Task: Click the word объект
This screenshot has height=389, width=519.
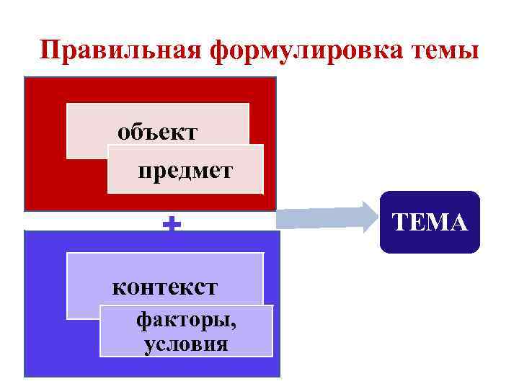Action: click(x=157, y=133)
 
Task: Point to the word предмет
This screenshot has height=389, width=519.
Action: click(x=185, y=171)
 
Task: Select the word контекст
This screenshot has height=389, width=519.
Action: click(x=164, y=287)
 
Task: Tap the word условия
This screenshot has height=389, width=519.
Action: click(x=186, y=344)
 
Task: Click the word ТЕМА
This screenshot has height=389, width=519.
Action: click(x=430, y=223)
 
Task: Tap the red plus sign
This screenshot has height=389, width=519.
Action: click(x=172, y=225)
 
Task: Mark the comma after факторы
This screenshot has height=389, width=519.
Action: click(x=235, y=326)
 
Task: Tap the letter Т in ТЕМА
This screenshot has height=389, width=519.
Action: click(x=401, y=223)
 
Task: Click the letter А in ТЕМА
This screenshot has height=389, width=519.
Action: click(x=458, y=223)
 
